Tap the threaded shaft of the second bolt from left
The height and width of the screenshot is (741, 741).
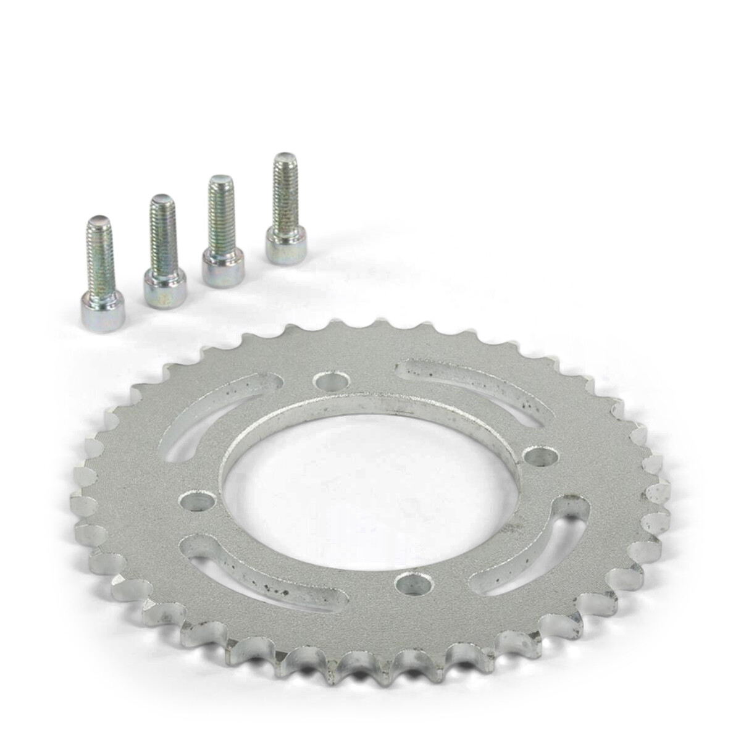click(162, 238)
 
